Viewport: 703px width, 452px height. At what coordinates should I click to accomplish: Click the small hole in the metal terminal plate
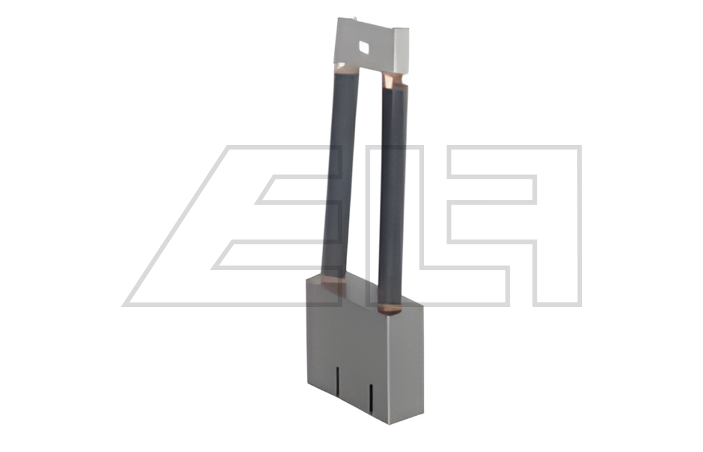point(363,46)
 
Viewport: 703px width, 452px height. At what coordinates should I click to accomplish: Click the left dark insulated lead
point(340,174)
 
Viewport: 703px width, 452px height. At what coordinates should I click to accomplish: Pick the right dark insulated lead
point(393,193)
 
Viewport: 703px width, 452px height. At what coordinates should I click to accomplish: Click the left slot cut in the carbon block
point(338,381)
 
